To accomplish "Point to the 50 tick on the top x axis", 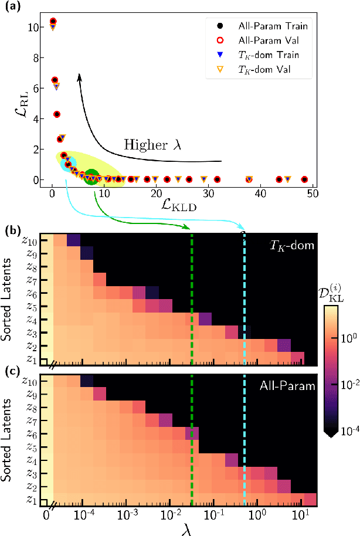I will click(311, 193).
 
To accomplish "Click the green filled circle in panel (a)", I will click(91, 177).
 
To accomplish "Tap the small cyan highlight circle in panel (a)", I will click(69, 164).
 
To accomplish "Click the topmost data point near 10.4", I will click(53, 22).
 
